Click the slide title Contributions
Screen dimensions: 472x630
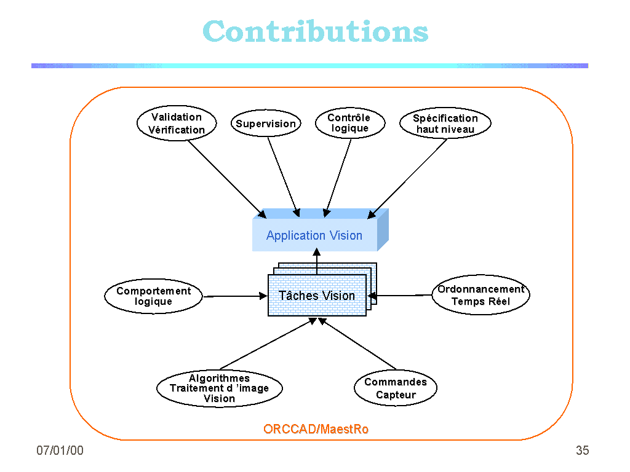click(315, 31)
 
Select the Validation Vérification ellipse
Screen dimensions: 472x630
click(177, 124)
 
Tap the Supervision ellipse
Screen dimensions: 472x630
click(266, 124)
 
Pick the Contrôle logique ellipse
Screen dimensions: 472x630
click(349, 123)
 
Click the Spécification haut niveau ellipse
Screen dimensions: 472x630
click(445, 124)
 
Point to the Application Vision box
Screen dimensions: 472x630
click(314, 235)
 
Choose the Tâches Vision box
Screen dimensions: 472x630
click(317, 296)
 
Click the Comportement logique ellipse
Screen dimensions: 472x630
click(154, 296)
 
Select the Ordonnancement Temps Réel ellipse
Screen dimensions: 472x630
click(480, 295)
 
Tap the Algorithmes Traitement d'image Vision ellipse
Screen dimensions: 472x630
click(219, 388)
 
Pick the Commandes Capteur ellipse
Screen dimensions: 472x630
click(396, 388)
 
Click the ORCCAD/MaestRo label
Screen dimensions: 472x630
click(316, 429)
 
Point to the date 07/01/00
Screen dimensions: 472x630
click(60, 450)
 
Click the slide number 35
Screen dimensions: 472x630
click(582, 450)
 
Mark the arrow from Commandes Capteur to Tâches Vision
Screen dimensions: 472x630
click(357, 344)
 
